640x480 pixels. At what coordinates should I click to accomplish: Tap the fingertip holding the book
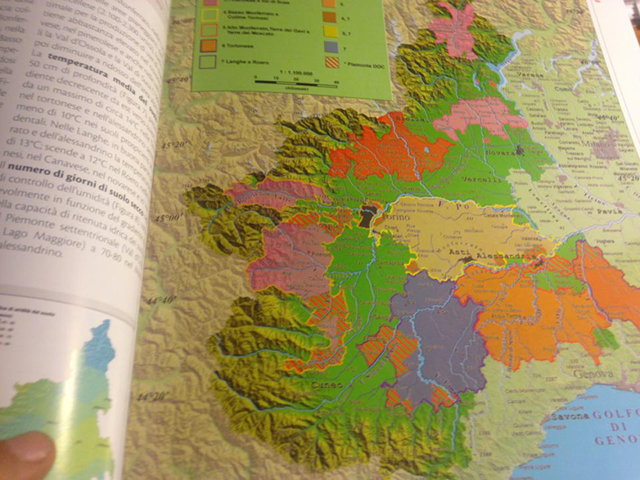pyautogui.click(x=25, y=456)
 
